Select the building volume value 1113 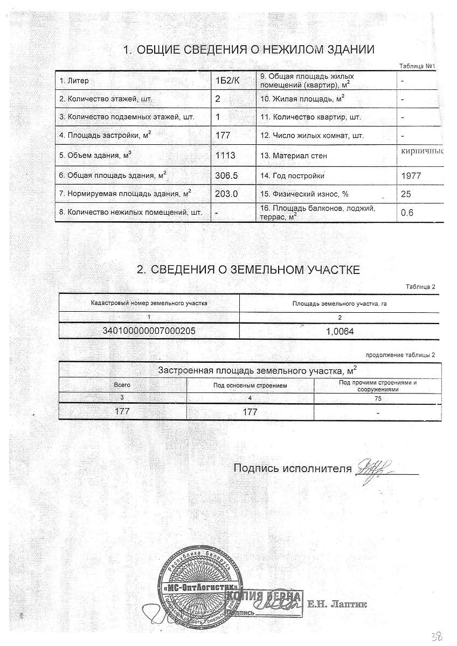point(226,155)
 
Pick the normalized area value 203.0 point(226,193)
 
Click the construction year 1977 point(412,175)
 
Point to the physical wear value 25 point(407,193)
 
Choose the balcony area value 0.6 point(407,213)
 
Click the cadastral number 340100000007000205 point(149,332)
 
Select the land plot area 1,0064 point(340,332)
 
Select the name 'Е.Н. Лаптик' point(337,605)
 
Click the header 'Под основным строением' point(250,385)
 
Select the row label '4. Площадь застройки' point(105,136)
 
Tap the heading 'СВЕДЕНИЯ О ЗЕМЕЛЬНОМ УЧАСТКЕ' point(248,270)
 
